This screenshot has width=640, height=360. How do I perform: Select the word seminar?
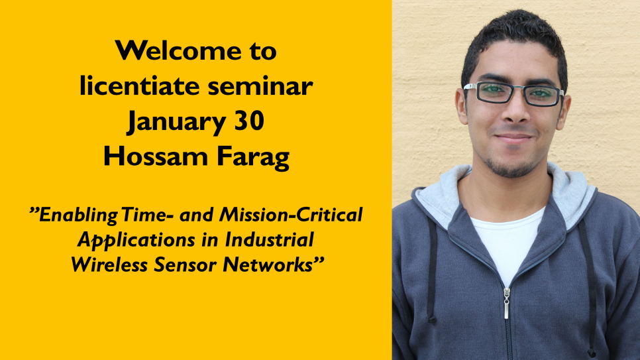click(260, 86)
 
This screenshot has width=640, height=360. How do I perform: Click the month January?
click(177, 122)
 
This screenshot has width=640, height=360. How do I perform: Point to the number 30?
click(249, 121)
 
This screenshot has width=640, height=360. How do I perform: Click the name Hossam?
click(156, 156)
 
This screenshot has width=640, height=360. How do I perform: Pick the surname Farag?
click(253, 158)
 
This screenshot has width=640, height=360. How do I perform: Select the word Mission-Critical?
click(291, 215)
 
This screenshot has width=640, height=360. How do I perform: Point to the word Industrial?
click(269, 239)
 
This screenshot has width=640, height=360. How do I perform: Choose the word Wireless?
click(109, 265)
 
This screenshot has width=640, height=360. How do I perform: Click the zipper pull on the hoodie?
click(507, 303)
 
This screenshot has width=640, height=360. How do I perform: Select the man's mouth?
click(513, 138)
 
